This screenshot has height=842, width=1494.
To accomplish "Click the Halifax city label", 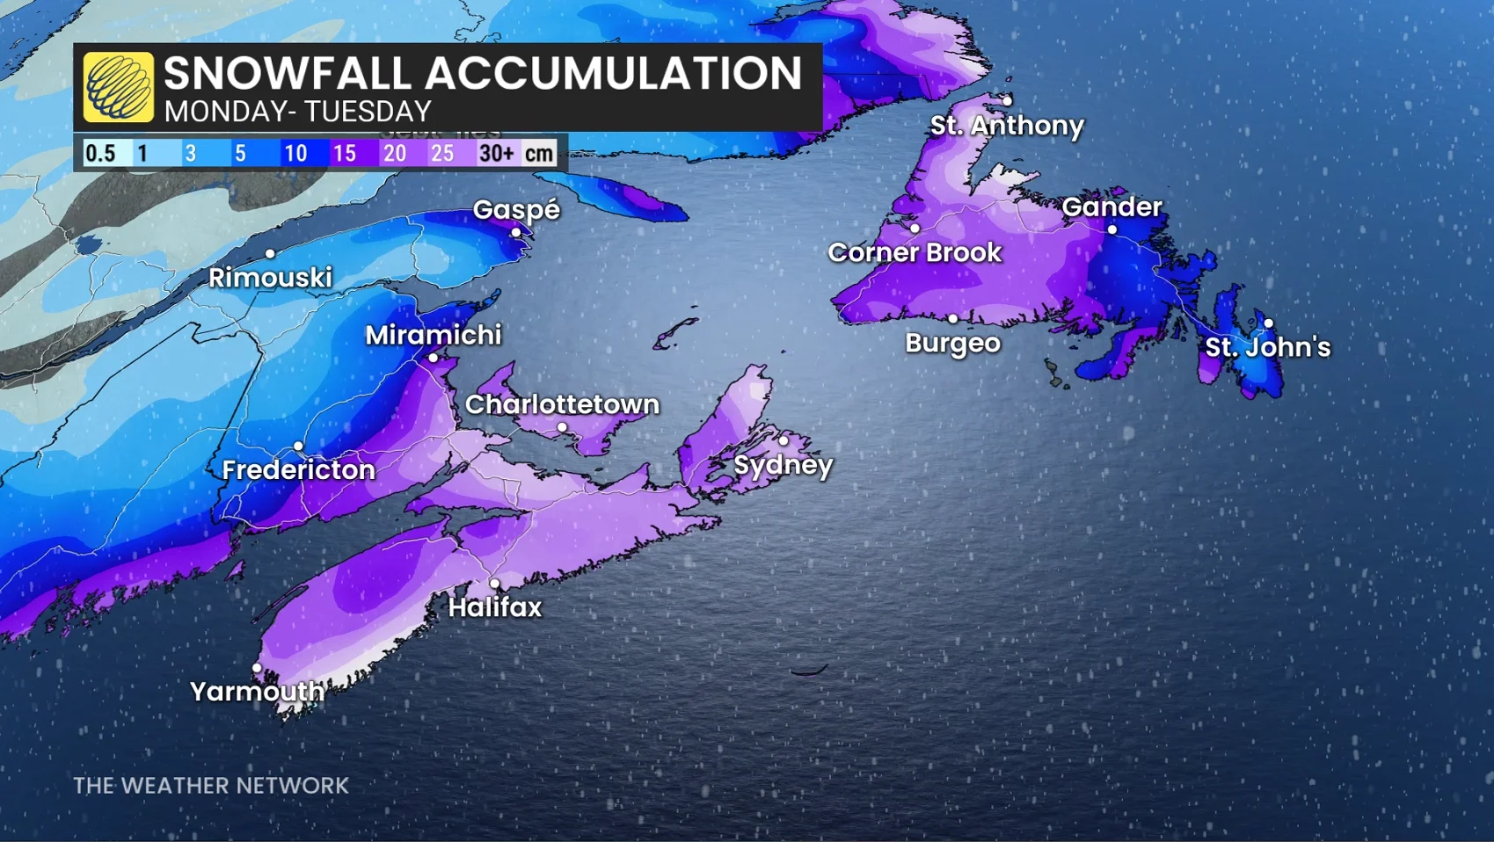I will (495, 606).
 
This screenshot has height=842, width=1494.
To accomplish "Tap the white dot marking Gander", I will (1112, 229).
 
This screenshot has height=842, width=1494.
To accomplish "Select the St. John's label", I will (1267, 347).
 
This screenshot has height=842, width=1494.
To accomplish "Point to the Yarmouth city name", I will (257, 692).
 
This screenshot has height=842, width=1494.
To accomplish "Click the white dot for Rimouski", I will (270, 253).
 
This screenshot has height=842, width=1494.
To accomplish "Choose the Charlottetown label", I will (562, 404).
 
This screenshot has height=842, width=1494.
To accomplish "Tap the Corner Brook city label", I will (915, 252).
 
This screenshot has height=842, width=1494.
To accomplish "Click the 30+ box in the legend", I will (496, 153).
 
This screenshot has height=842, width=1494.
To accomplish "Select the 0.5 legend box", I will (100, 153).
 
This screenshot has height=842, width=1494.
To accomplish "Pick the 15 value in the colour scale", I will (344, 153).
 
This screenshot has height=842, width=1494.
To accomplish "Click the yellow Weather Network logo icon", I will (119, 86).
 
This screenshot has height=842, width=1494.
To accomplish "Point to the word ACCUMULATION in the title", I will (613, 72).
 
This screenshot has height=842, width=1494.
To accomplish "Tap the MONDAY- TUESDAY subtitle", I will (297, 112).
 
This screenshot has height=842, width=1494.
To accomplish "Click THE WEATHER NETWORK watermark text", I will (211, 785).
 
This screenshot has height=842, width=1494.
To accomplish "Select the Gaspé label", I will (516, 209).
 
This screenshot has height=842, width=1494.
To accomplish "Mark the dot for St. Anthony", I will (1007, 101).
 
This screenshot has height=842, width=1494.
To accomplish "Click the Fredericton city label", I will (298, 469).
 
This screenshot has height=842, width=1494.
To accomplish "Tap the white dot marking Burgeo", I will (952, 318).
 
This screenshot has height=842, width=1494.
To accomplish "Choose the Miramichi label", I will (434, 335).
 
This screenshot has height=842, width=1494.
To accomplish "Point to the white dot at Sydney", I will (783, 440).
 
